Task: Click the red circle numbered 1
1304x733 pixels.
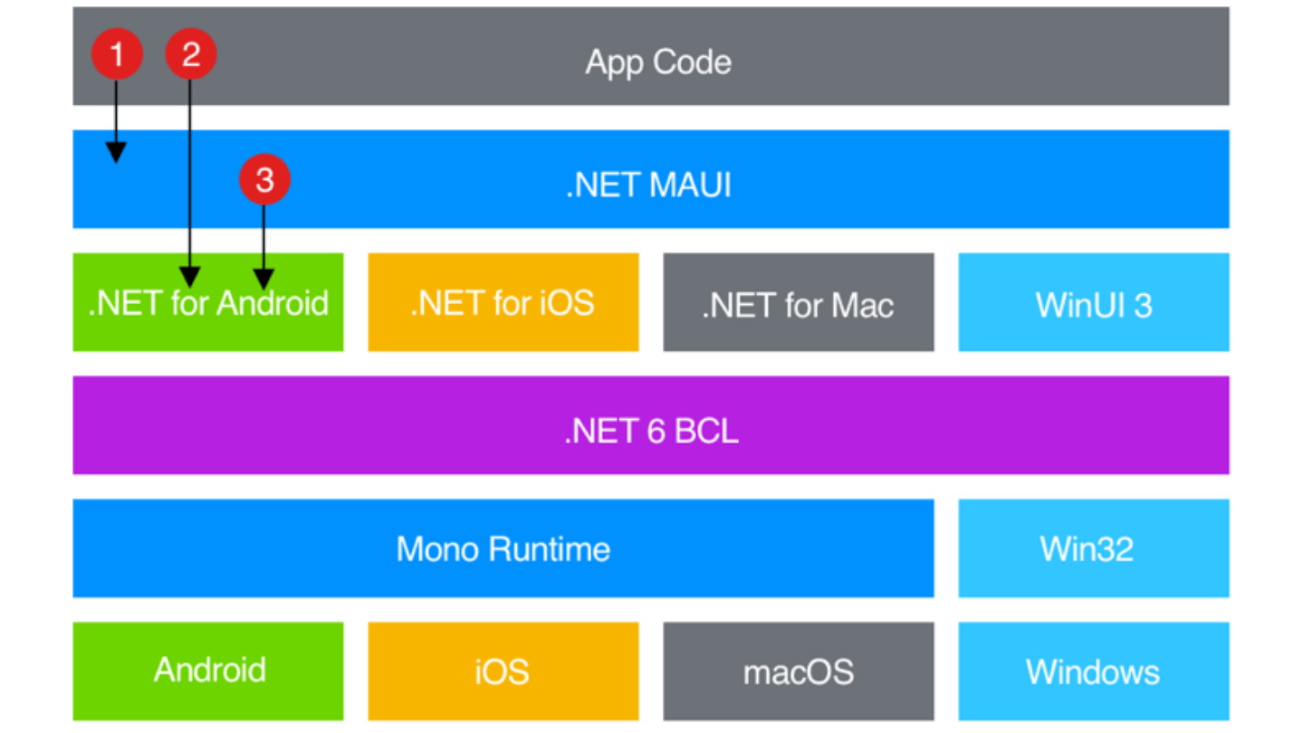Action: pyautogui.click(x=116, y=55)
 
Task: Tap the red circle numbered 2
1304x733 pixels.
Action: pyautogui.click(x=190, y=55)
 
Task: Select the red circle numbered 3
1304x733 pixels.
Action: pyautogui.click(x=264, y=179)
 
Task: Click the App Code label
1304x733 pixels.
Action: pyautogui.click(x=658, y=62)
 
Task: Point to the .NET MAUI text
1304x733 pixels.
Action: pyautogui.click(x=648, y=186)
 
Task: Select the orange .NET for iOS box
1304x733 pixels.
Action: pyautogui.click(x=503, y=302)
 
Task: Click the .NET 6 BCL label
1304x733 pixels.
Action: pyautogui.click(x=651, y=430)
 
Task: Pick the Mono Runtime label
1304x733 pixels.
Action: pyautogui.click(x=503, y=548)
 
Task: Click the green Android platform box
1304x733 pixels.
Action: pyautogui.click(x=208, y=671)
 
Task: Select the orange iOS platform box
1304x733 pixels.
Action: pyautogui.click(x=503, y=671)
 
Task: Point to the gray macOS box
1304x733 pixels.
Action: pyautogui.click(x=798, y=671)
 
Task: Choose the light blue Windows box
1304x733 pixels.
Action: pyautogui.click(x=1093, y=671)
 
